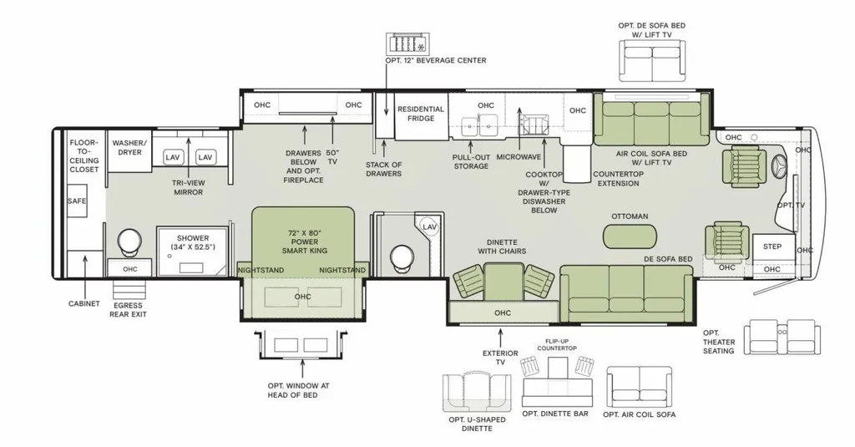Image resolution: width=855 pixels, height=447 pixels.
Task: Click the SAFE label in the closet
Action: point(77,201)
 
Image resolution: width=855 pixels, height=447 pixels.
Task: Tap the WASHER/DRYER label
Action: point(129,147)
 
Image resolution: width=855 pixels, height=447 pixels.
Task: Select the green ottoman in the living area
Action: point(630,236)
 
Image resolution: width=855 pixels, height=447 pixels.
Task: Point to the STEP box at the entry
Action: point(773,247)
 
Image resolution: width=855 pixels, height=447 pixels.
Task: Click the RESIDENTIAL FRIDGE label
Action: point(421,114)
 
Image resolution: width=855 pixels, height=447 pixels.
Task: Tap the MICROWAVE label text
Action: point(519,156)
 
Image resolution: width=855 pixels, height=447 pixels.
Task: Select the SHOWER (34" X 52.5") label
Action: point(193,243)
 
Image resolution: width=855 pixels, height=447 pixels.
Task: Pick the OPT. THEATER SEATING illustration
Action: point(782,338)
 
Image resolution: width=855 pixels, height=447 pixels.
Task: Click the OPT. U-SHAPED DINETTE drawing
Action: point(477,391)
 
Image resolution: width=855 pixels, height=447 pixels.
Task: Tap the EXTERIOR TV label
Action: point(500,358)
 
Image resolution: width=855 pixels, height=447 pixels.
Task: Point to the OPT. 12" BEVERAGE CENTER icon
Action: point(409,43)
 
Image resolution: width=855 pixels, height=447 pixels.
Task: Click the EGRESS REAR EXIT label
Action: point(128,309)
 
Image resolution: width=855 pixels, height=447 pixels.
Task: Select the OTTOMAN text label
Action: point(630,216)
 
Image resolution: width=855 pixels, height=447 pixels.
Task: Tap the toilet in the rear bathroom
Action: point(129,242)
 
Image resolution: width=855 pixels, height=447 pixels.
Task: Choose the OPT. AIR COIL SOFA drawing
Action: point(639,386)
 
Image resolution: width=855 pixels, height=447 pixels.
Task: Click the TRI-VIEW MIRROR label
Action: point(188,188)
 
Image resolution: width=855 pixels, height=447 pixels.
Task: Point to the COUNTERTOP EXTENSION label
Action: point(619,179)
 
